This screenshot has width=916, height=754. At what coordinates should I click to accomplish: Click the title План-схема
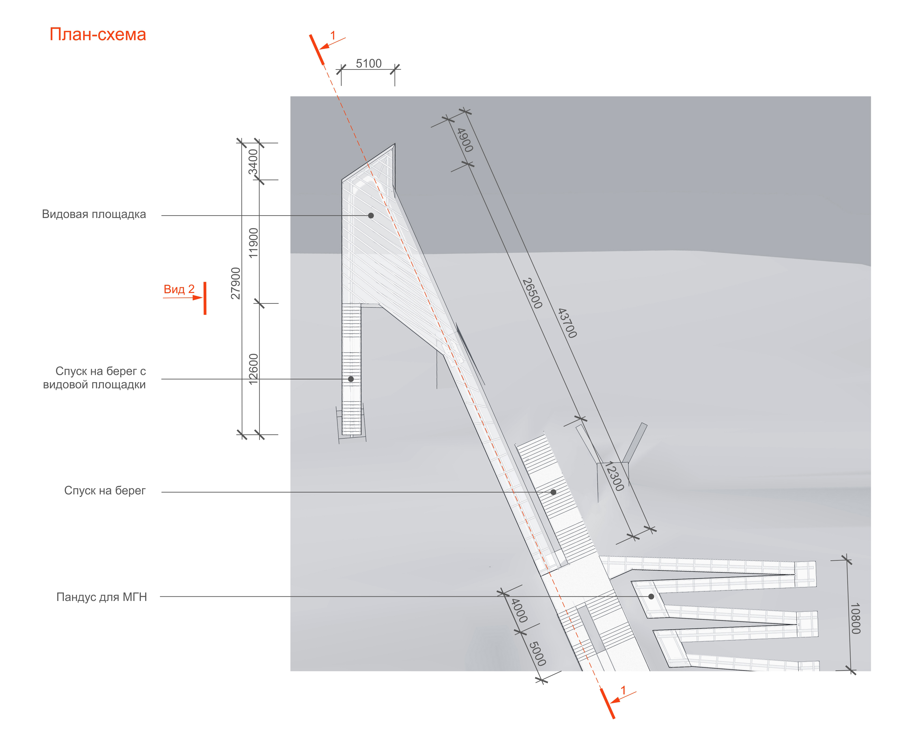(x=98, y=34)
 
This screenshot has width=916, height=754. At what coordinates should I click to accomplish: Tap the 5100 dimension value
(x=368, y=63)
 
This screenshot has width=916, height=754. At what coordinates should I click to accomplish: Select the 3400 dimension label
(x=253, y=162)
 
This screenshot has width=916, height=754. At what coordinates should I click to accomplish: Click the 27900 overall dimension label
(x=235, y=283)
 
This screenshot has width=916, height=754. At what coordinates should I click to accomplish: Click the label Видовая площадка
(x=94, y=214)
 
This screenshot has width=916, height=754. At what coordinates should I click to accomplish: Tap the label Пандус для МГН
(x=102, y=597)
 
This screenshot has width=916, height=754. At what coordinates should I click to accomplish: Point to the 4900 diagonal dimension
(x=465, y=140)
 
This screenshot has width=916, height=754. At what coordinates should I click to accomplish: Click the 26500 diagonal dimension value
(x=532, y=293)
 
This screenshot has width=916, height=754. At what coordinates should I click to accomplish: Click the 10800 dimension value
(x=855, y=618)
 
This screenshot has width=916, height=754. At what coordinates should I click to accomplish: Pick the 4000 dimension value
(x=519, y=610)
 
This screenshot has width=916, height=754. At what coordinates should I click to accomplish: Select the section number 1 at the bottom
(x=623, y=690)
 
